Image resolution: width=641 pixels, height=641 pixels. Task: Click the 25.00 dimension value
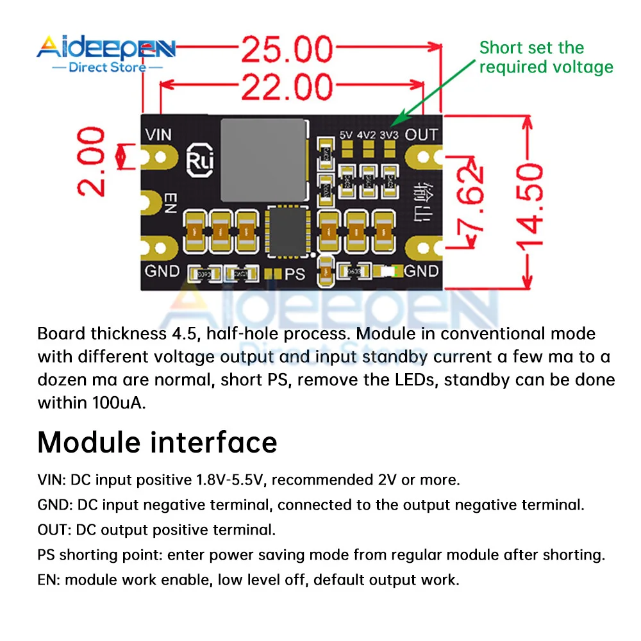coord(287,50)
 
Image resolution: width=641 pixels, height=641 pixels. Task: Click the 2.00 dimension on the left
coord(90,161)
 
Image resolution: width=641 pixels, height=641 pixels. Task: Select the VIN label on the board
coord(158,135)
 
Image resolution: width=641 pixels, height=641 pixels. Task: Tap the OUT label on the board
coord(421,135)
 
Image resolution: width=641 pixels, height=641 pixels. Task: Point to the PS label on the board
coord(295,274)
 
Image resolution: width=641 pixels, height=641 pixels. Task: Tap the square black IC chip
coord(287,231)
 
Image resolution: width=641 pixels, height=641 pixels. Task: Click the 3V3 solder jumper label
coord(388,135)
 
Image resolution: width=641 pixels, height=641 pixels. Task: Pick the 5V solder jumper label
coord(347,135)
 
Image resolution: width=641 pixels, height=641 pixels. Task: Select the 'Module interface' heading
coord(157,442)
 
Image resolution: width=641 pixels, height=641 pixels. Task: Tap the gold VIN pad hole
coord(160,156)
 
